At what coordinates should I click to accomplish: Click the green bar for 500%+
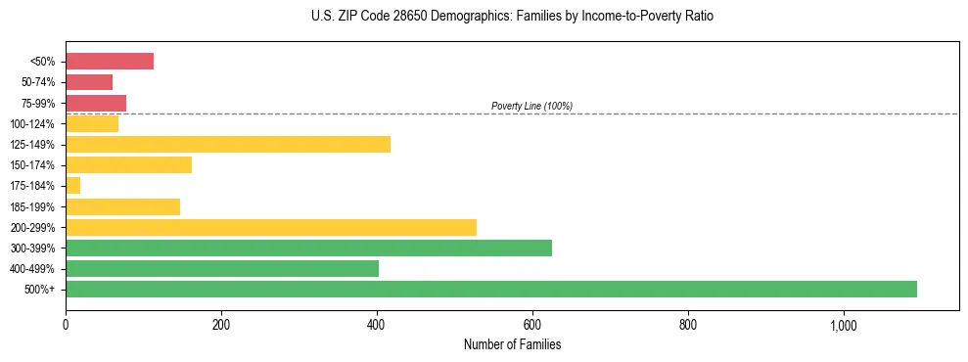click(490, 289)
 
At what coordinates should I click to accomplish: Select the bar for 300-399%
click(308, 248)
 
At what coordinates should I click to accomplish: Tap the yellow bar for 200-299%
click(271, 227)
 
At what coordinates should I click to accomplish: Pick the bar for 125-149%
click(228, 145)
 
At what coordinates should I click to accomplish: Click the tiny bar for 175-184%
click(73, 186)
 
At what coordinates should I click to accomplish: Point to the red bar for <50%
click(110, 62)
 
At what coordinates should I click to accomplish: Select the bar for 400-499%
click(222, 268)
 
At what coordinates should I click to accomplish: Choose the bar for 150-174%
click(128, 165)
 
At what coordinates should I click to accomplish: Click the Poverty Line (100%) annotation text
click(531, 106)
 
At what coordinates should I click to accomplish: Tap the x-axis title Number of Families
click(512, 344)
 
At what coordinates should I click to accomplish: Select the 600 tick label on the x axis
click(532, 325)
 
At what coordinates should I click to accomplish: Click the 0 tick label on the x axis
click(66, 325)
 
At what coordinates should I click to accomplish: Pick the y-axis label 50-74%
click(39, 82)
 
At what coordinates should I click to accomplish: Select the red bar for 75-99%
click(96, 103)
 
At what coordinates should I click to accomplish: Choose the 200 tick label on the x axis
click(221, 325)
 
